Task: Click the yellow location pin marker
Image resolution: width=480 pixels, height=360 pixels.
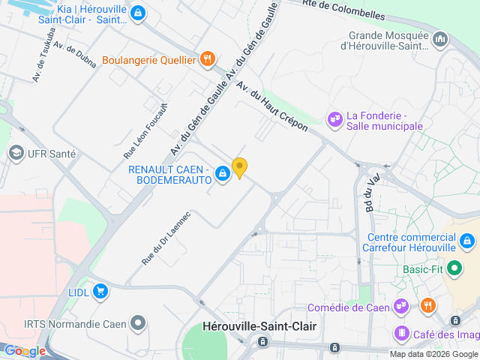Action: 239,167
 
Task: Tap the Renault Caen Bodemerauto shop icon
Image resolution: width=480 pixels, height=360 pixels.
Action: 223,175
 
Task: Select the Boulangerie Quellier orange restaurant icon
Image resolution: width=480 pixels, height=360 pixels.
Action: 208,59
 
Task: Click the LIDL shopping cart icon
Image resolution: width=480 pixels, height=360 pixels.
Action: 100,291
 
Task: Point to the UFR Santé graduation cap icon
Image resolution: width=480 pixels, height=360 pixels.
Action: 15,154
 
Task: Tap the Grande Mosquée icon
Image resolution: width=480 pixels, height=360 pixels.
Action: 439,38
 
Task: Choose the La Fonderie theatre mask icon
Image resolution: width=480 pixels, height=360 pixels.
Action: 334,118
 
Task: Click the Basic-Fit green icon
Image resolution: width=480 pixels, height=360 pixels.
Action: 454,268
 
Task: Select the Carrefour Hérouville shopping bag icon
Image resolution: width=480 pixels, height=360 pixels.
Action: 466,241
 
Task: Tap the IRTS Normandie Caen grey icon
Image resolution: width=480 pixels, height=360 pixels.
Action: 138,323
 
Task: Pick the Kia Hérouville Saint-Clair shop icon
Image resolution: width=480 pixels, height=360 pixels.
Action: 137,13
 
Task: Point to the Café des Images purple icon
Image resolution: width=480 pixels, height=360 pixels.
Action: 402,334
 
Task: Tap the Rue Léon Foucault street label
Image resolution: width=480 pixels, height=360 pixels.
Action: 145,130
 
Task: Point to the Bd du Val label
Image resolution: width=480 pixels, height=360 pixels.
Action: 368,194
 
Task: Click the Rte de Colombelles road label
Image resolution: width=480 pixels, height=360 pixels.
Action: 345,10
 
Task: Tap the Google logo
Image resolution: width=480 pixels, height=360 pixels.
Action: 25,350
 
